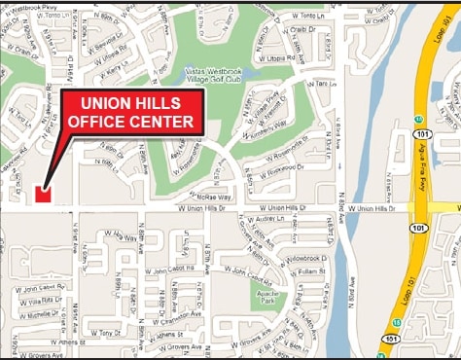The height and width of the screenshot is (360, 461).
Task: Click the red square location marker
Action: (42, 194)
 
